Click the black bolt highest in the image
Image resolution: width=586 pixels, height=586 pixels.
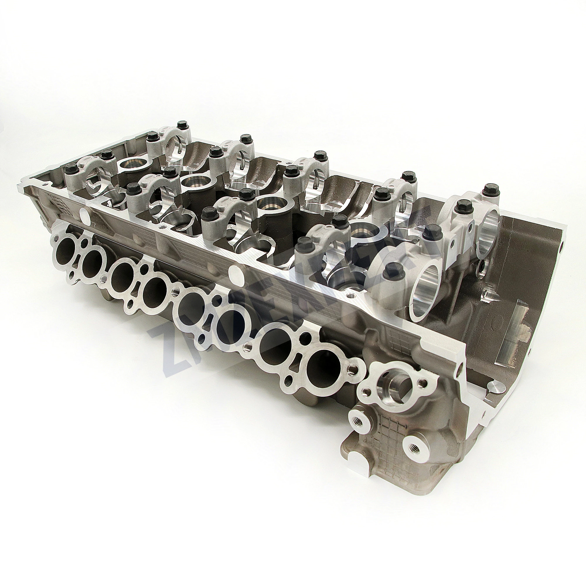[182, 125]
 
